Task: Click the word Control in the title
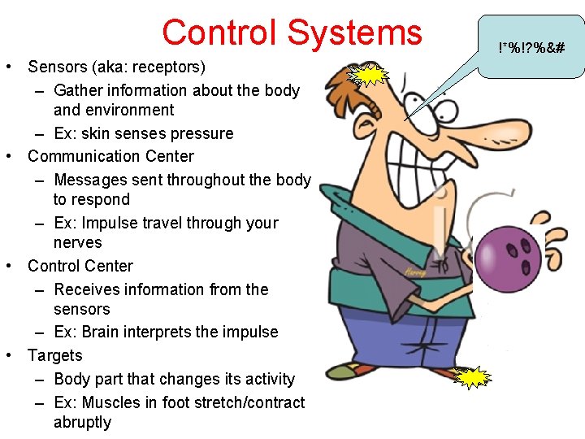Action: click(219, 33)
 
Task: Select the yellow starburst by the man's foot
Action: click(473, 379)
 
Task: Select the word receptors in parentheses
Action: click(167, 67)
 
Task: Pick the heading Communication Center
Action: click(110, 156)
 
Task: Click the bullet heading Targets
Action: click(54, 355)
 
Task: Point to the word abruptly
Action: click(82, 422)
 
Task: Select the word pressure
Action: click(203, 133)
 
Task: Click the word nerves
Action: click(77, 242)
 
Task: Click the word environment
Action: click(114, 110)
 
